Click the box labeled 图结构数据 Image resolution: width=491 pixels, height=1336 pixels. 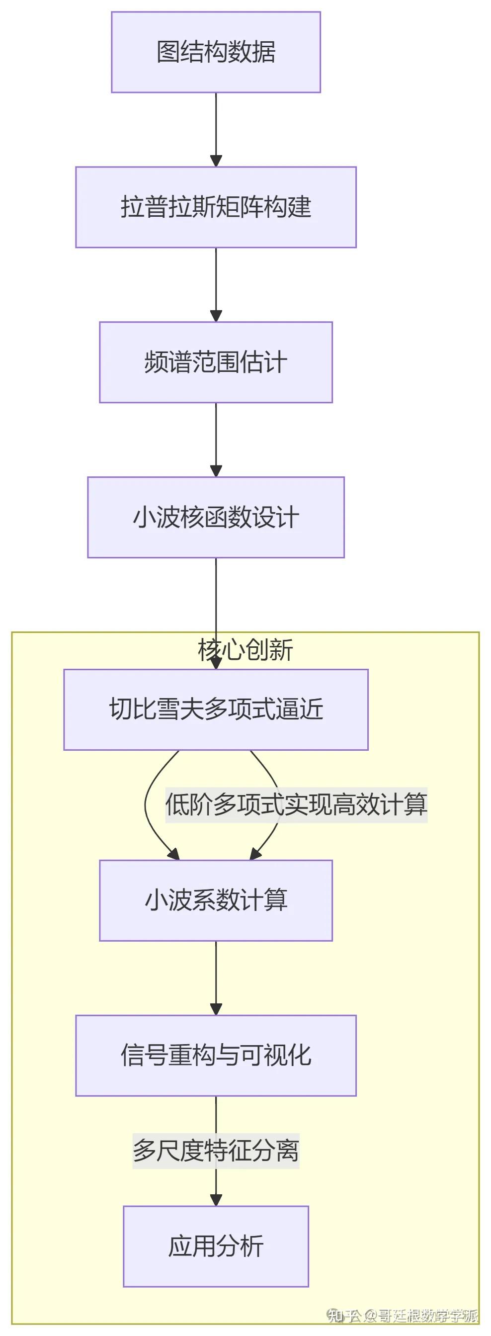pyautogui.click(x=216, y=52)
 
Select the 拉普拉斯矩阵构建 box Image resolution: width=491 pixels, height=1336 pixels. pyautogui.click(x=216, y=207)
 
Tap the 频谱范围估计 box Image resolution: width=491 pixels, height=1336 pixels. pyautogui.click(x=216, y=362)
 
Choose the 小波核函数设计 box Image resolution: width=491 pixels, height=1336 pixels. pyautogui.click(x=216, y=517)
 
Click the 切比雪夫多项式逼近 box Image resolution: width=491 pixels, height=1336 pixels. pyautogui.click(x=216, y=709)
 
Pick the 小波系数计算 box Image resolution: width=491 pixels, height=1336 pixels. pyautogui.click(x=216, y=900)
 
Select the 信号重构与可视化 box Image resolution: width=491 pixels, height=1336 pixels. pyautogui.click(x=216, y=1056)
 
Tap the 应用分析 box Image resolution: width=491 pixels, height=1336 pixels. pyautogui.click(x=216, y=1247)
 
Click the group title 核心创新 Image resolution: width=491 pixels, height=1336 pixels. pyautogui.click(x=245, y=649)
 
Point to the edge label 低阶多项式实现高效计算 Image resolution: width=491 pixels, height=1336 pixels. pyautogui.click(x=296, y=804)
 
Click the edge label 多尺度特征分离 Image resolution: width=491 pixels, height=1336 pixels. pyautogui.click(x=216, y=1151)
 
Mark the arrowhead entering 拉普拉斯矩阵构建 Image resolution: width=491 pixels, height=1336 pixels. pyautogui.click(x=216, y=161)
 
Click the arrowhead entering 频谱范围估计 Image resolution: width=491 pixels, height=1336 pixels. pyautogui.click(x=216, y=316)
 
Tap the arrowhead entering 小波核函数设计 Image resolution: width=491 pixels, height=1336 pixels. pyautogui.click(x=216, y=471)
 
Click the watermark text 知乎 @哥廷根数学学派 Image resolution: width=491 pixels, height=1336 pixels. pyautogui.click(x=402, y=1316)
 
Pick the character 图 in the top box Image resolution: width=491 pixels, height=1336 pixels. pyautogui.click(x=168, y=52)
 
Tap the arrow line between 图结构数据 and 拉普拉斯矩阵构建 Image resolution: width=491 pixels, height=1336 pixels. pyautogui.click(x=216, y=124)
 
